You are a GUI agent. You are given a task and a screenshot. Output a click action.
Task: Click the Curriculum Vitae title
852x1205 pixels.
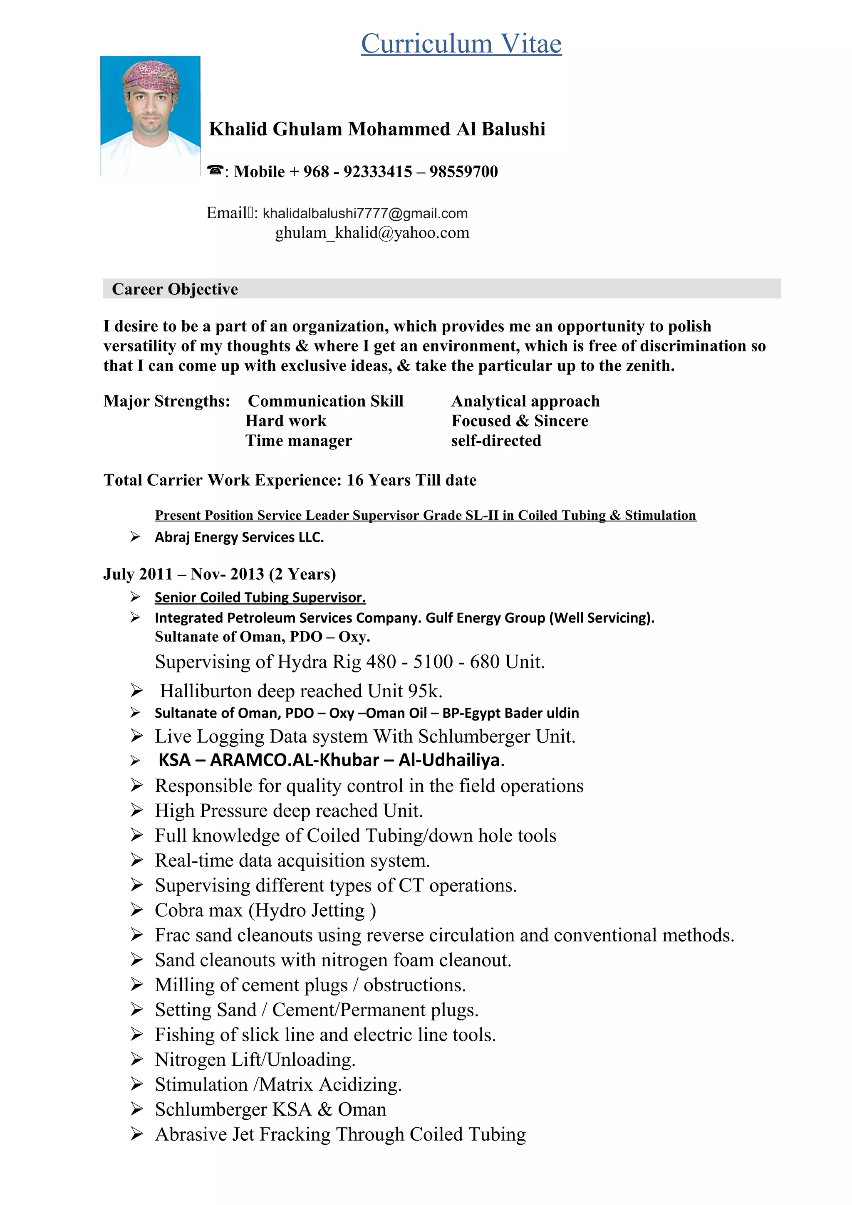click(461, 44)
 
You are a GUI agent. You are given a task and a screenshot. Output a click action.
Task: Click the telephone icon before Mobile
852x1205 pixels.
click(215, 170)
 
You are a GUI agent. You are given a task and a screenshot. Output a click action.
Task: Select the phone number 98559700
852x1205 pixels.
click(463, 172)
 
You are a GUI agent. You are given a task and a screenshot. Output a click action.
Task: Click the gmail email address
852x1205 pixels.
click(365, 213)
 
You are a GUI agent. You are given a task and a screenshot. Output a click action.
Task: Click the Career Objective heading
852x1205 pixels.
click(175, 289)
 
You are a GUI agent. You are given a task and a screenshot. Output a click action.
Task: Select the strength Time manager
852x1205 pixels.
click(299, 440)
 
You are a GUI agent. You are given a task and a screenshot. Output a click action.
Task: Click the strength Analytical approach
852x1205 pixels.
click(525, 401)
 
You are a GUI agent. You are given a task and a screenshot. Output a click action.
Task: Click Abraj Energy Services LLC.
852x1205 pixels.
click(239, 537)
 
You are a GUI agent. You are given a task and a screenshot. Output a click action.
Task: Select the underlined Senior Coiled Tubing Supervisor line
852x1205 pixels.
click(260, 597)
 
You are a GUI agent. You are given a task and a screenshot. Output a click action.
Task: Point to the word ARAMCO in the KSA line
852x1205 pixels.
click(248, 760)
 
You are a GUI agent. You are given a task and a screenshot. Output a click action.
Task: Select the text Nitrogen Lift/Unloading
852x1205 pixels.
click(255, 1059)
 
